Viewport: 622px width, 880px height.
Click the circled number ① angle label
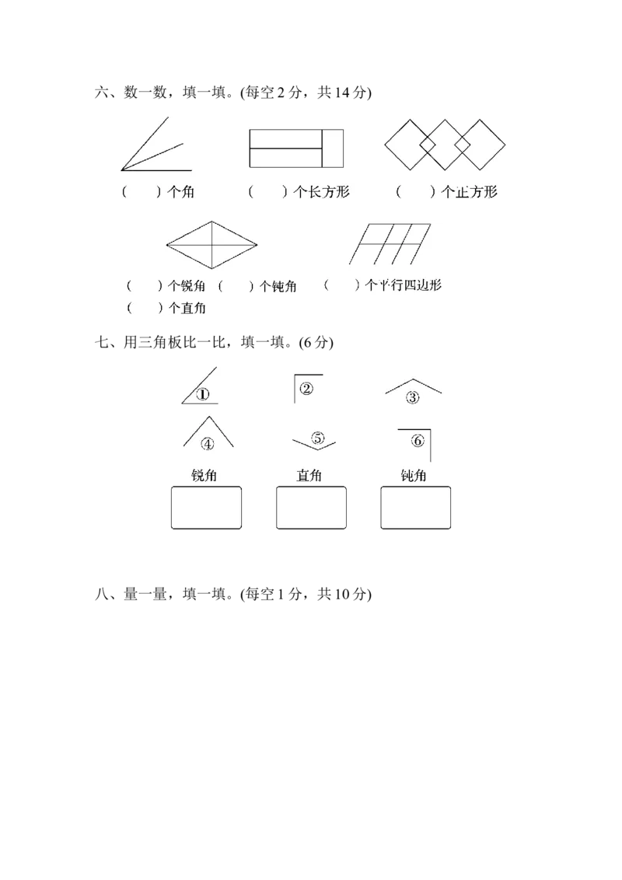pos(203,394)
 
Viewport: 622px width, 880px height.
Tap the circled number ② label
pos(306,388)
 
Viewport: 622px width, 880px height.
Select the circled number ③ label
pos(412,397)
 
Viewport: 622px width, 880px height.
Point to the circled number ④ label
pos(208,444)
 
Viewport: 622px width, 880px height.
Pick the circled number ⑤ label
pos(317,438)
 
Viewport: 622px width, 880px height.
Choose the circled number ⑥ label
pos(418,441)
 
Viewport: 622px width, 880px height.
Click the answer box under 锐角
pos(205,508)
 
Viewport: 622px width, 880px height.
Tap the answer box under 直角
pos(311,508)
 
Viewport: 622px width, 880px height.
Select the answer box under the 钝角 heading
pos(416,508)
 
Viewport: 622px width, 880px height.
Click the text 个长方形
pos(321,192)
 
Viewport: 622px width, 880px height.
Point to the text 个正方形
pos(469,192)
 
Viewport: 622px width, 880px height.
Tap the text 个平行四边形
pos(403,285)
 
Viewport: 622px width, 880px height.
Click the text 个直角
pos(187,308)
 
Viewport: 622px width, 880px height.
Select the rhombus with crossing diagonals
pos(211,244)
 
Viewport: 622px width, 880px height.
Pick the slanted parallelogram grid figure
pos(390,244)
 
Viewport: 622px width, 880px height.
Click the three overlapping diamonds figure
pos(446,145)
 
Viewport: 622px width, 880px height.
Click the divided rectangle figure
pos(296,148)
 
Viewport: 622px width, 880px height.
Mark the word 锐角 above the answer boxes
pos(204,475)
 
